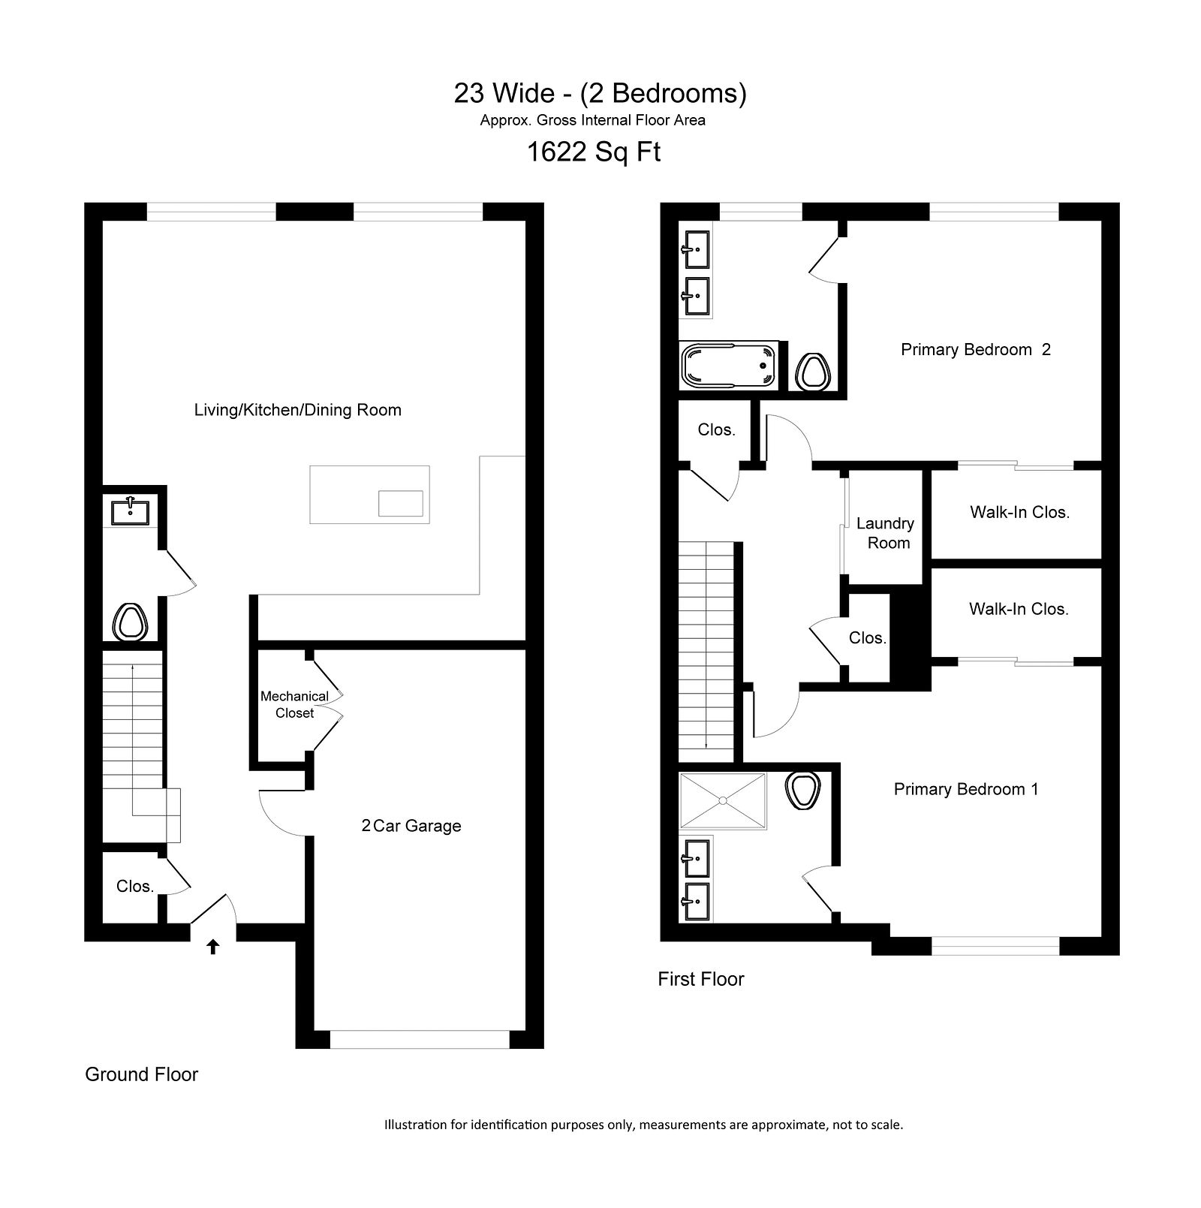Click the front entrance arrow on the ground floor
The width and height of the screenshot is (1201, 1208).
(213, 947)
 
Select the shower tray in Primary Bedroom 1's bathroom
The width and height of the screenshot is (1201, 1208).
(723, 801)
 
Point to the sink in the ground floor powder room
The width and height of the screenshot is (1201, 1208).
(130, 512)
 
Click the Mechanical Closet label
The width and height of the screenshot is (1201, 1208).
(294, 704)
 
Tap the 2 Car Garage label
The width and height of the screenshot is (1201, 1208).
(411, 826)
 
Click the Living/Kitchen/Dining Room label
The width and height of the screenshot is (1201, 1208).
(298, 410)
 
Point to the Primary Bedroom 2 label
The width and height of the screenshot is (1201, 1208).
(976, 349)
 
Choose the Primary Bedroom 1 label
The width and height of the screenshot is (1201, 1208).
(966, 789)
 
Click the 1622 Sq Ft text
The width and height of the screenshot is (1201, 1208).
(594, 152)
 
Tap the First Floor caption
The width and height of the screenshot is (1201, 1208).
(701, 979)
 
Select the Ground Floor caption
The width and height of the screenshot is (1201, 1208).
(142, 1074)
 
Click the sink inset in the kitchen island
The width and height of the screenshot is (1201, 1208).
(400, 503)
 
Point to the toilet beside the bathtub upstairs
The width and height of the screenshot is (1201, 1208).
(812, 371)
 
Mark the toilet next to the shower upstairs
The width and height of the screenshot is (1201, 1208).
(802, 791)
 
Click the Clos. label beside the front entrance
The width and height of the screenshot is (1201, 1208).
(135, 887)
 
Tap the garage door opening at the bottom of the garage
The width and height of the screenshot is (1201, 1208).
(420, 1040)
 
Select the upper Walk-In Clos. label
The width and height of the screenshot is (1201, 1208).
(1019, 512)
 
